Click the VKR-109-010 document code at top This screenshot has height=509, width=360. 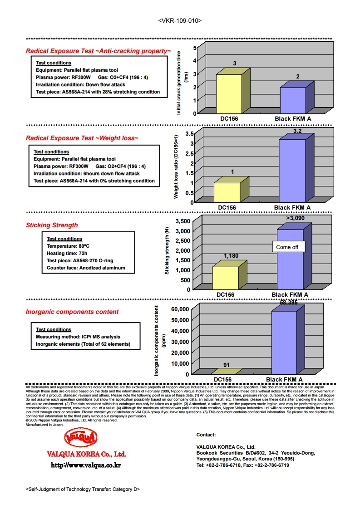180,21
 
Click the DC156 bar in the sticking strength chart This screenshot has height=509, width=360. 226,278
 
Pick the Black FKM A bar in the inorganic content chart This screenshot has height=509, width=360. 284,343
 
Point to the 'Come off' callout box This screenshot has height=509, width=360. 287,247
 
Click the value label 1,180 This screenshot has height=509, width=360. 231,256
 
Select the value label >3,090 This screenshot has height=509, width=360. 295,218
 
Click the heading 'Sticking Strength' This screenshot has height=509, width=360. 52,225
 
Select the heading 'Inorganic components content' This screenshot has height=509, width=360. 72,312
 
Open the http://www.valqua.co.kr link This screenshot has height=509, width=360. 86,465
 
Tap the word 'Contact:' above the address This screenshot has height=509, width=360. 206,435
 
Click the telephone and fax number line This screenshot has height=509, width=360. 242,465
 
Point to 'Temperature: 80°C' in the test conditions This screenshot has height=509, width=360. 68,246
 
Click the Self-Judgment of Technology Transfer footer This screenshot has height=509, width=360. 83,489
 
